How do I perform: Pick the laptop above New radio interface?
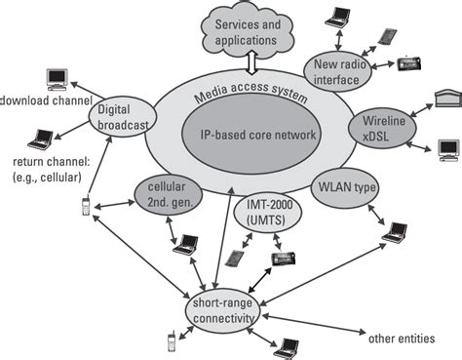pyautogui.click(x=338, y=18)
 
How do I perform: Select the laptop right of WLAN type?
pyautogui.click(x=395, y=233)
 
